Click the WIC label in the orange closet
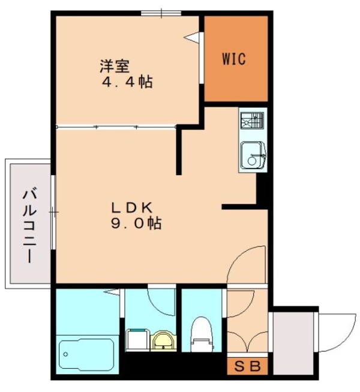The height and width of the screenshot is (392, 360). click(x=235, y=59)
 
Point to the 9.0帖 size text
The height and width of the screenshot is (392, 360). click(x=136, y=224)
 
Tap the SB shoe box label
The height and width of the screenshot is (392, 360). click(x=247, y=367)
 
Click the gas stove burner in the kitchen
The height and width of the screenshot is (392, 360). click(x=252, y=121)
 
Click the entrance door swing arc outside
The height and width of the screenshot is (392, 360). click(x=336, y=333)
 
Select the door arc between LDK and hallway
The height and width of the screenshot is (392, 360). click(x=246, y=264)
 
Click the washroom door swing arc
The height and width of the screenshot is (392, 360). click(x=161, y=301)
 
